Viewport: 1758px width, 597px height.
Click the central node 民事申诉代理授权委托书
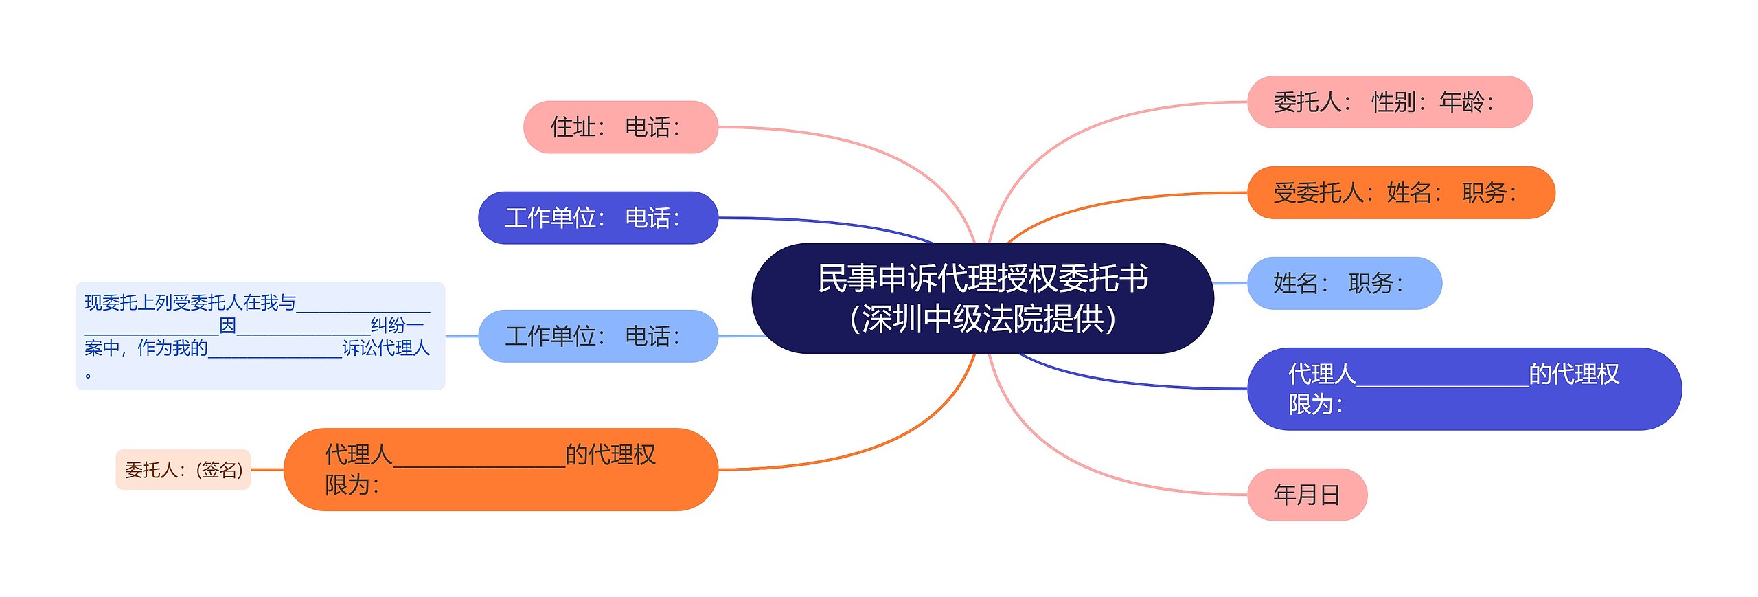click(982, 297)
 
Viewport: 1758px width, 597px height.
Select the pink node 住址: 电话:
click(620, 127)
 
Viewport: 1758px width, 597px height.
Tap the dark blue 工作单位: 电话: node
click(597, 218)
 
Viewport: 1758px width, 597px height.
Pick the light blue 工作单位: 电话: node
click(597, 336)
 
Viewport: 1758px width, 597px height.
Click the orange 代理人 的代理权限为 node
click(501, 469)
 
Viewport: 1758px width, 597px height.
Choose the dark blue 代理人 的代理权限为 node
click(1463, 389)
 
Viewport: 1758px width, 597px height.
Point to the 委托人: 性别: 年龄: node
click(1389, 102)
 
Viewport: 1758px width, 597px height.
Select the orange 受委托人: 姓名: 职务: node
click(1400, 192)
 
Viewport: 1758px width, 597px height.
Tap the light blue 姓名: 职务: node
click(1344, 283)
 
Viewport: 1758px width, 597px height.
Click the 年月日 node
click(1306, 495)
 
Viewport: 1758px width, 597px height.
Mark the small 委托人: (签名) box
click(183, 470)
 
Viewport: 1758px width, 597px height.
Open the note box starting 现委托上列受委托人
click(260, 336)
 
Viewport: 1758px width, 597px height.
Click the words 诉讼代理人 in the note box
click(386, 348)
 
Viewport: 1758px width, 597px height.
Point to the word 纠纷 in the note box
click(388, 325)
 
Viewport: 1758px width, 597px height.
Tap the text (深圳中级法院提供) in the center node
click(982, 319)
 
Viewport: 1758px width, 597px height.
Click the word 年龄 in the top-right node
click(1461, 102)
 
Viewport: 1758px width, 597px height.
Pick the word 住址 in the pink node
click(573, 128)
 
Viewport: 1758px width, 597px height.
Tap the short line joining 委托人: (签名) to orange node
click(267, 470)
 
